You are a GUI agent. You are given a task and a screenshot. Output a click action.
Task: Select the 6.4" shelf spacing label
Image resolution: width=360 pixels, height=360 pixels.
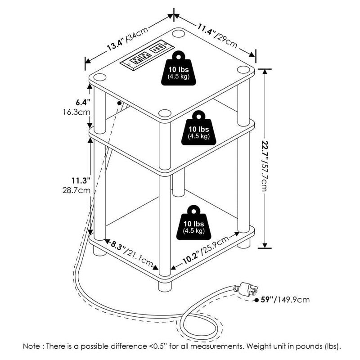(x=83, y=103)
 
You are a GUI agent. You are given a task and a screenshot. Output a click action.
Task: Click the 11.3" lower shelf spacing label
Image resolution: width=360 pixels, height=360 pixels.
(x=81, y=180)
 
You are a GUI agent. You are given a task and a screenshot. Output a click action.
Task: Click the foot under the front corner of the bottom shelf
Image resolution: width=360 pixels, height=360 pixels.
(x=165, y=285)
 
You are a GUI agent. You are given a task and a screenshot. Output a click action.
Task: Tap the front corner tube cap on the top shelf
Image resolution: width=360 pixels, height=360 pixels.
(x=165, y=114)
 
